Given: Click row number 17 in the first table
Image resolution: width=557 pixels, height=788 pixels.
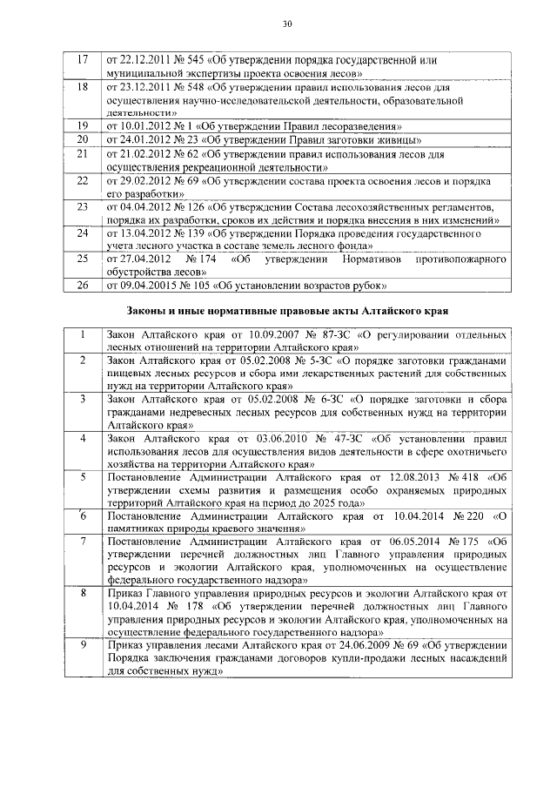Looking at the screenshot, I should point(84,61).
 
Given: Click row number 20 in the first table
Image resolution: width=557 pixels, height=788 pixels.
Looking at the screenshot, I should point(84,138).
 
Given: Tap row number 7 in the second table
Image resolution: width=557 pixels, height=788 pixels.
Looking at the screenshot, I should point(83,541).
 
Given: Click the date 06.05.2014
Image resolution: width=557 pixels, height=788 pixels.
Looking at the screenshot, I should point(398,541).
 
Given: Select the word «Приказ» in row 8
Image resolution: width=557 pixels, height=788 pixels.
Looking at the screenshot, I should point(123,593).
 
